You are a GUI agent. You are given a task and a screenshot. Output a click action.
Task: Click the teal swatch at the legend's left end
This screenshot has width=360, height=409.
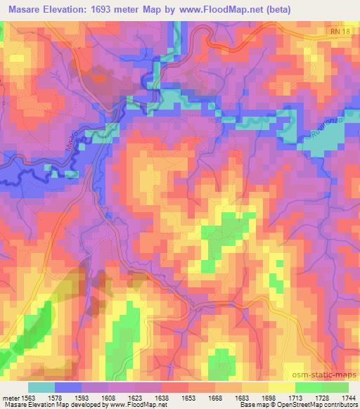[41, 387]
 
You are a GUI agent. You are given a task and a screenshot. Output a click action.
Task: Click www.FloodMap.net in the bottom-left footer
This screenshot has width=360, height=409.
[136, 405]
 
